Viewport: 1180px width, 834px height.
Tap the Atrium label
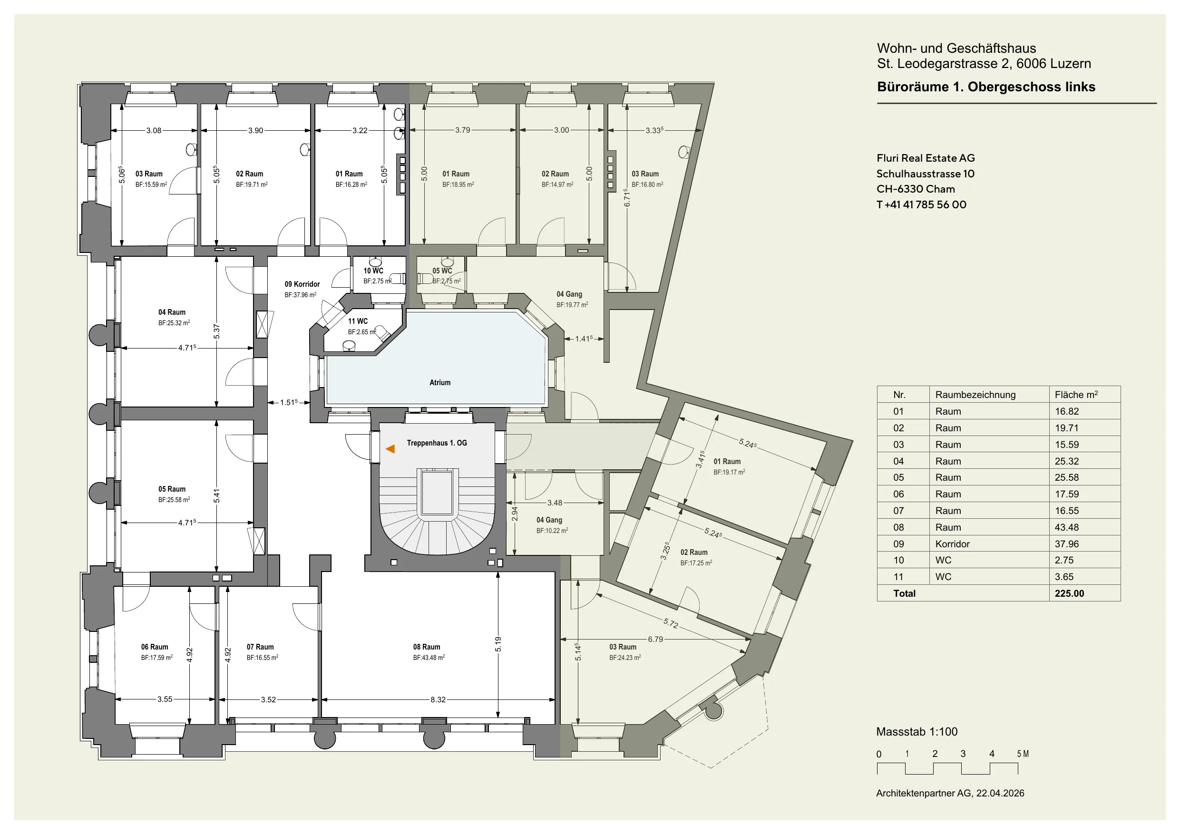coord(440,382)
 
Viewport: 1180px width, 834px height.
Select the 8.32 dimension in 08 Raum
coord(438,699)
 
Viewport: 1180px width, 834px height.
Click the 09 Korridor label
coord(302,284)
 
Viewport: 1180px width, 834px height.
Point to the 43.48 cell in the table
coord(1066,527)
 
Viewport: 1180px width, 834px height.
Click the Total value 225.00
coord(1069,593)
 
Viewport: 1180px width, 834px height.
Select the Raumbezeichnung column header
coord(975,395)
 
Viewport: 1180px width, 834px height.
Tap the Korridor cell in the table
coord(952,543)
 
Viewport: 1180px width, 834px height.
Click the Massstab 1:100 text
coord(917,732)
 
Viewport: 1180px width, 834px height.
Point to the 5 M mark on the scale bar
coord(1023,754)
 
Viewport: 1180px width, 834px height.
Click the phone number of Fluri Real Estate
coord(921,204)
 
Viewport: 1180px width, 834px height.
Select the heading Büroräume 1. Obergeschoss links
coord(986,87)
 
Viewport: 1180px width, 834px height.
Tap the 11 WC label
coord(358,321)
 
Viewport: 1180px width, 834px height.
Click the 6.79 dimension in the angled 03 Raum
coord(655,639)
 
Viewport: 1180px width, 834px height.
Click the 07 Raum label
coord(260,647)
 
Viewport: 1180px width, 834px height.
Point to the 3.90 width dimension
coord(255,131)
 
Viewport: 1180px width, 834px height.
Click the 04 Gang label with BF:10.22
coord(549,520)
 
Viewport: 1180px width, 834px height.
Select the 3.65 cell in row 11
coord(1064,577)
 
